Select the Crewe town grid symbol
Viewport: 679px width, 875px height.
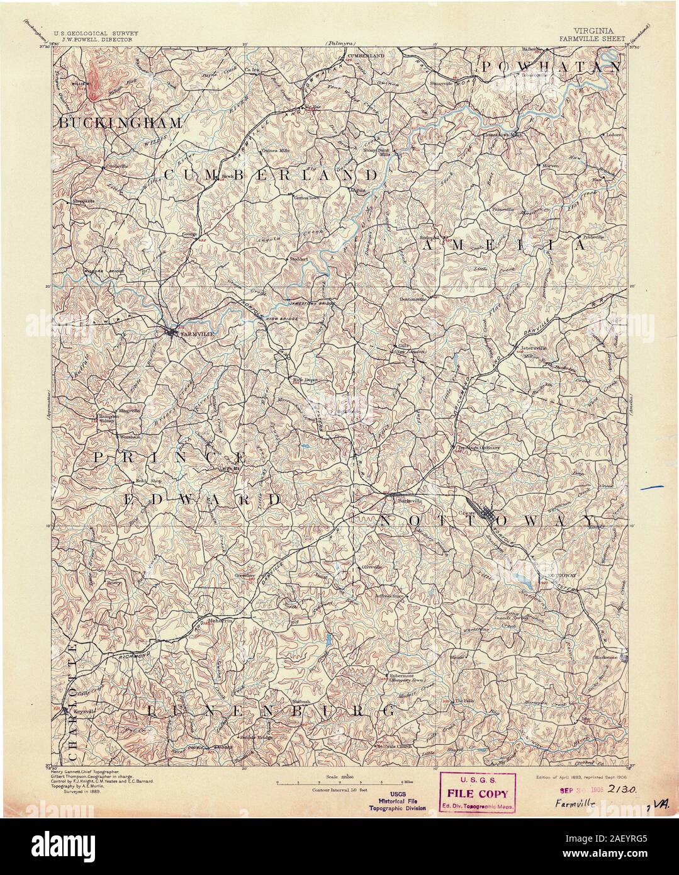point(483,513)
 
